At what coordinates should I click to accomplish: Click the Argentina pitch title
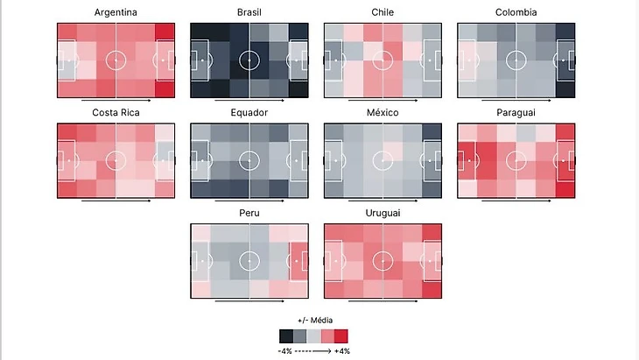point(116,12)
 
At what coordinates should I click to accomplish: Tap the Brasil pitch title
point(249,12)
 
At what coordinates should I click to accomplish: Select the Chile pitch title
point(383,12)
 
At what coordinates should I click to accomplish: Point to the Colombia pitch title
point(516,12)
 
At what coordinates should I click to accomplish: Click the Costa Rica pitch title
point(116,113)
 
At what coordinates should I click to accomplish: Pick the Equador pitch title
point(249,113)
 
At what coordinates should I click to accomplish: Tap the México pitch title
point(383,113)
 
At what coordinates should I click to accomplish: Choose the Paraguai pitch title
point(516,113)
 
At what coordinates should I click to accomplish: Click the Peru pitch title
point(249,213)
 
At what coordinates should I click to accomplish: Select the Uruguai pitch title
point(383,213)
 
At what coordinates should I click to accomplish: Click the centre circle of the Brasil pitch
point(249,60)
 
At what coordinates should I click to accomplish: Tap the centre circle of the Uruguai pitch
point(383,261)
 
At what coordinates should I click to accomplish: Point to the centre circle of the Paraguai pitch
point(516,160)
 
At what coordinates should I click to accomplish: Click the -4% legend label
point(286,350)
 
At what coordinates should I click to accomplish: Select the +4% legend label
point(341,350)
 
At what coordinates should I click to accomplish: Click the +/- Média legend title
point(313,321)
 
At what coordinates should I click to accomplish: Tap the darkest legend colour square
point(286,335)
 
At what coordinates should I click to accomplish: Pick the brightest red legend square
point(341,335)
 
